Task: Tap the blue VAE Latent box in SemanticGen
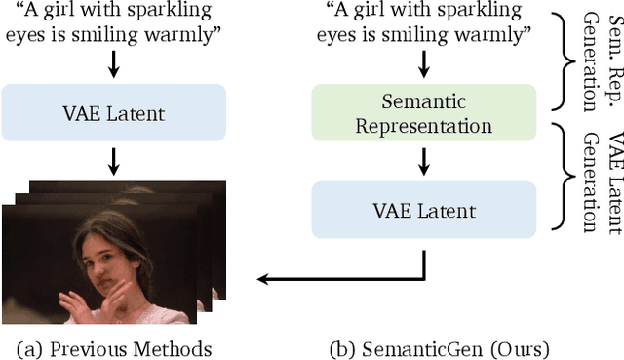pos(422,211)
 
